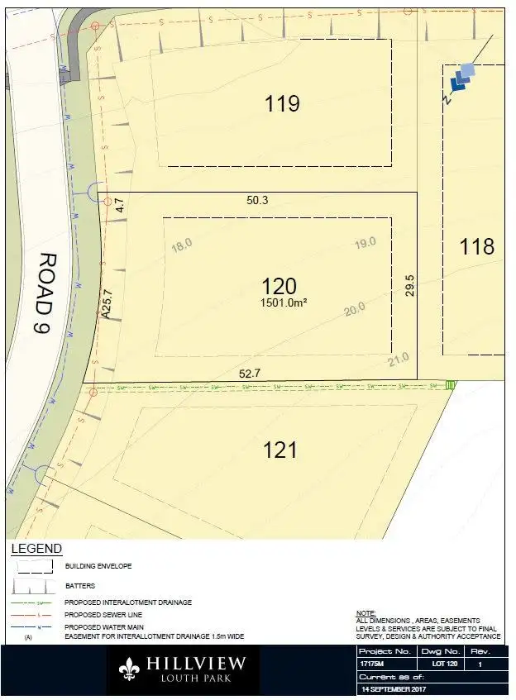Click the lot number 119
[282, 104]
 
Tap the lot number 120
[279, 286]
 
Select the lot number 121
[280, 450]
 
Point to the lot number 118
[477, 246]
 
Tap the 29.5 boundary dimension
[409, 286]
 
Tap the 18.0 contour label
[181, 244]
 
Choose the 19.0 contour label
[365, 242]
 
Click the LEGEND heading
[36, 549]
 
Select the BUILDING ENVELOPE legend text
[98, 566]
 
